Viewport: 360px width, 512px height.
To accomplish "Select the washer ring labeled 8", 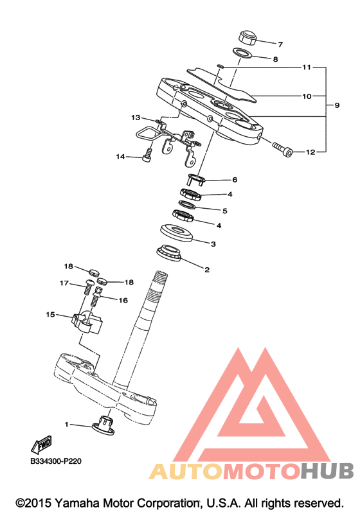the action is point(243,53).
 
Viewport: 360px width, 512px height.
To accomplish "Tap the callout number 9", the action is point(337,105).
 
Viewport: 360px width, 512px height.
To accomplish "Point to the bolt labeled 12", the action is point(283,149).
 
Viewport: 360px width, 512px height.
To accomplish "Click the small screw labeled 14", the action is point(147,155).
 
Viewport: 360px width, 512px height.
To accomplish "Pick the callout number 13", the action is point(136,117).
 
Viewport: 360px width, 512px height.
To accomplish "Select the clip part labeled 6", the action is point(196,179).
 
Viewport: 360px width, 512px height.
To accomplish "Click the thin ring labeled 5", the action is point(188,205).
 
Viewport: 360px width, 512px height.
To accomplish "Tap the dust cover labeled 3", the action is point(177,233).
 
